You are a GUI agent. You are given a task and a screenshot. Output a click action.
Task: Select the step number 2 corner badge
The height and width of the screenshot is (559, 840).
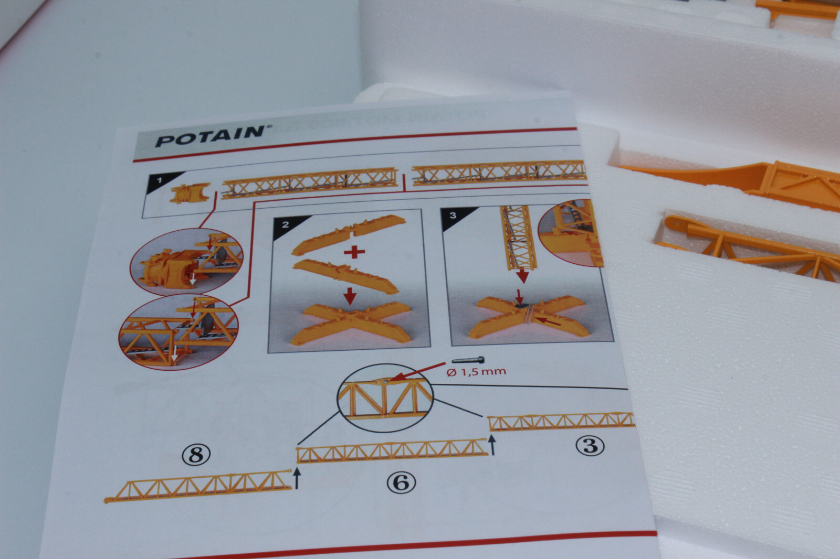point(285,224)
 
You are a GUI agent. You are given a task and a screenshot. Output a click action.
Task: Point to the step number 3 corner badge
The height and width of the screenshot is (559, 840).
point(453,215)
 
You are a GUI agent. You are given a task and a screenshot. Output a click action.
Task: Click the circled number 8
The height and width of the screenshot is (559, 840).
point(196,454)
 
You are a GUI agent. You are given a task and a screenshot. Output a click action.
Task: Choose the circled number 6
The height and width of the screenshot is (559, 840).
point(401,482)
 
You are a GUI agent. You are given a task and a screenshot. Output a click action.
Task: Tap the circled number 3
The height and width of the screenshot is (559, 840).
point(590,445)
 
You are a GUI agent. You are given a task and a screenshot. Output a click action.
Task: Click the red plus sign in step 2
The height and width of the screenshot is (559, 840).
point(354,252)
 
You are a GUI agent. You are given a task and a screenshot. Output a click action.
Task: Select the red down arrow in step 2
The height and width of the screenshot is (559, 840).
point(350,297)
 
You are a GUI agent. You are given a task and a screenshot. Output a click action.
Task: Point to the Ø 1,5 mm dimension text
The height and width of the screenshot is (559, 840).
point(476,372)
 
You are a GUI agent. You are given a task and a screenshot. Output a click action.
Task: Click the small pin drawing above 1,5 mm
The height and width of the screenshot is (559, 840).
point(468,361)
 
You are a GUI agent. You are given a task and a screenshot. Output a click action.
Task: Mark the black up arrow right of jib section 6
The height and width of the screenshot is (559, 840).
point(492,446)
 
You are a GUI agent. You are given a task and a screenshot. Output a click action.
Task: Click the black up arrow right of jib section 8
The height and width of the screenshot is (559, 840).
point(297,478)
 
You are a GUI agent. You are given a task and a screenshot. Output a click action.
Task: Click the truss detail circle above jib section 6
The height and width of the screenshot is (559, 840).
point(385,398)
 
